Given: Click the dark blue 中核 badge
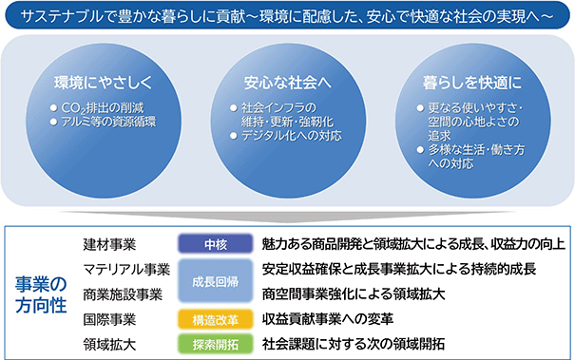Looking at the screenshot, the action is click(x=216, y=244).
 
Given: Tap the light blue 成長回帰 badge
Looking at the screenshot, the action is click(x=216, y=281).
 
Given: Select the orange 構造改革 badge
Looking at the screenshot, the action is click(x=216, y=320).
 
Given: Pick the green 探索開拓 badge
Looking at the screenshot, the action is click(x=216, y=344).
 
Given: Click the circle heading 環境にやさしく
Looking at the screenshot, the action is click(x=103, y=82).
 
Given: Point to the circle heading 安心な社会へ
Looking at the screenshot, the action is click(x=287, y=82).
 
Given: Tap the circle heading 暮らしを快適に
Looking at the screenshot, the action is click(x=472, y=82).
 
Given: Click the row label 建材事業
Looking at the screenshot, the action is click(x=109, y=244).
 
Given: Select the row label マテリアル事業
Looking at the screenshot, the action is click(x=126, y=270).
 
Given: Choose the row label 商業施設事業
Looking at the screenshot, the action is click(x=123, y=294).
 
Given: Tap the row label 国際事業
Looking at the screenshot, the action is click(x=109, y=319).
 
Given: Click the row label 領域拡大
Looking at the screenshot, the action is click(x=109, y=344).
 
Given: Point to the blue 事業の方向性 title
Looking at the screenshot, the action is click(x=41, y=294).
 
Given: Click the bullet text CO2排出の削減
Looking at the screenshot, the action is click(x=103, y=107).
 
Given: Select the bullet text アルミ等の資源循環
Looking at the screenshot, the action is click(x=108, y=122).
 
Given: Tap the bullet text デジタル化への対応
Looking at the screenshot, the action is click(x=291, y=136).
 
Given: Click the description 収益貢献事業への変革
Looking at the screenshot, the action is click(x=328, y=319).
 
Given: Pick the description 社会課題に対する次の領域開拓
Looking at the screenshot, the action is click(x=354, y=344).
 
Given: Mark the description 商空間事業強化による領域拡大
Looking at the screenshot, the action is click(x=354, y=294).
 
